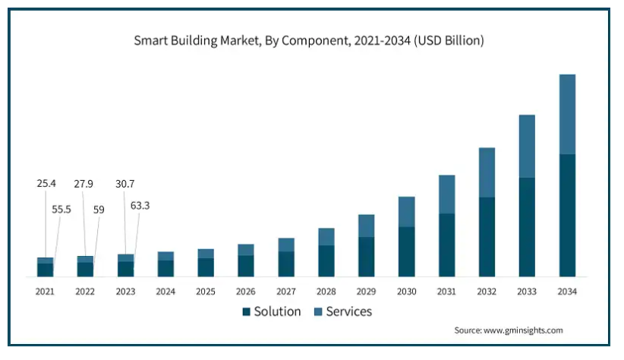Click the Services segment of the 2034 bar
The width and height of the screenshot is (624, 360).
click(567, 114)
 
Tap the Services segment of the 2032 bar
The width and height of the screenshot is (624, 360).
click(487, 172)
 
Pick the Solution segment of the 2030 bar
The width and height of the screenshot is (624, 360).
click(406, 251)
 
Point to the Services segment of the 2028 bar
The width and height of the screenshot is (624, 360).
click(326, 236)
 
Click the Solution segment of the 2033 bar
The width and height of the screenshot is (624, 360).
click(527, 227)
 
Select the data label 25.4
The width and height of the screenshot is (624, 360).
click(46, 184)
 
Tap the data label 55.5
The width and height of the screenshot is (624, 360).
click(61, 209)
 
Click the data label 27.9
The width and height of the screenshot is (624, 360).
click(84, 184)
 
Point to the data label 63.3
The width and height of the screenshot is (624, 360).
click(140, 205)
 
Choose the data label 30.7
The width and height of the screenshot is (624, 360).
click(124, 184)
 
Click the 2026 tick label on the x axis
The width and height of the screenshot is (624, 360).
click(246, 292)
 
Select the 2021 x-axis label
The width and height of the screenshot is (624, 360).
click(45, 292)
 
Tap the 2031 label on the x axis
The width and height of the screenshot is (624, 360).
click(446, 292)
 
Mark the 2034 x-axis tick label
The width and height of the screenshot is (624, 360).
click(567, 292)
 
